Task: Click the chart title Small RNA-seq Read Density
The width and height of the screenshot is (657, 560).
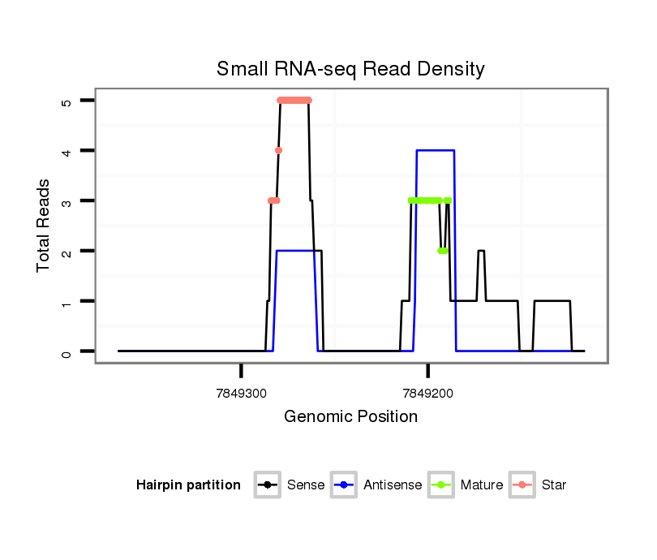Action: [x=350, y=69]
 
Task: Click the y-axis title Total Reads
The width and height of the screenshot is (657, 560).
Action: [x=45, y=226]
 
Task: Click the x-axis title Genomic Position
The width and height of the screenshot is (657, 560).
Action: [x=350, y=417]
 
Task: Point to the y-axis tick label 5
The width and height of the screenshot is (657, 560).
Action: [x=67, y=101]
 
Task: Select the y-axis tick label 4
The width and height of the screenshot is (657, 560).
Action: [x=67, y=151]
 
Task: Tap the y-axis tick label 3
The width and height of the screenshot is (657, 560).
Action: [x=67, y=200]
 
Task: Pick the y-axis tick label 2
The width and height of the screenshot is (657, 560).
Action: [x=67, y=251]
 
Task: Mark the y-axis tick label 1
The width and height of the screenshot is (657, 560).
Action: [x=67, y=301]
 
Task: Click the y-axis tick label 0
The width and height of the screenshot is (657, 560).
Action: [x=67, y=351]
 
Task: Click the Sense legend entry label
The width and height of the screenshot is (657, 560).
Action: [x=305, y=485]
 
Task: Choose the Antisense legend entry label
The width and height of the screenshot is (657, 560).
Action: [x=393, y=485]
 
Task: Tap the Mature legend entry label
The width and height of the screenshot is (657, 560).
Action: [x=482, y=485]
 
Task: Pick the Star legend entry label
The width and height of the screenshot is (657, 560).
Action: [x=553, y=485]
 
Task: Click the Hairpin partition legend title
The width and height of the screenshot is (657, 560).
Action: [x=188, y=485]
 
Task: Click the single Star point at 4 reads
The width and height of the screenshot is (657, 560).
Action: [x=278, y=150]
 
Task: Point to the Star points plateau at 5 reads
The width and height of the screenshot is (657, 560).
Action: [x=294, y=101]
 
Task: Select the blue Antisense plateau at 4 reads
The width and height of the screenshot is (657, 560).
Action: [x=435, y=150]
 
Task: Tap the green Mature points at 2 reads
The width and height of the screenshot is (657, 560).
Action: [x=442, y=251]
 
